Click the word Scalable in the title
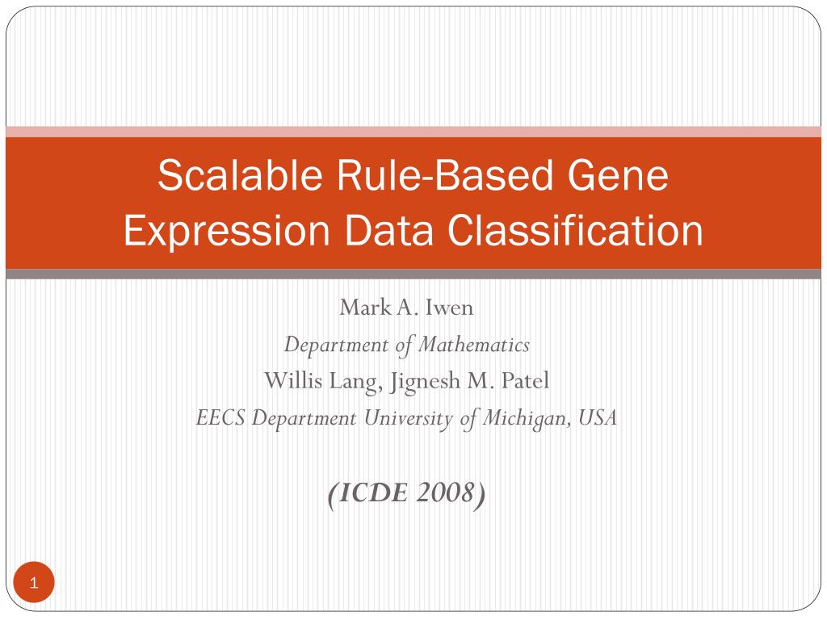(240, 175)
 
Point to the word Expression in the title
(227, 231)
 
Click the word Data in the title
(388, 230)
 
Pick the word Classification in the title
(575, 230)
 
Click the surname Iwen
(449, 308)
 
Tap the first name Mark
(366, 308)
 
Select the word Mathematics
(473, 345)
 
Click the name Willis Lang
(323, 381)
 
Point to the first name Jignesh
(425, 382)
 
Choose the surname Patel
(525, 381)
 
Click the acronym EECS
(220, 418)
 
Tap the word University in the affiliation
(408, 419)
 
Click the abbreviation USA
(597, 418)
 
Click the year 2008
(445, 493)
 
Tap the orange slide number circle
(34, 583)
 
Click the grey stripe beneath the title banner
(413, 274)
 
